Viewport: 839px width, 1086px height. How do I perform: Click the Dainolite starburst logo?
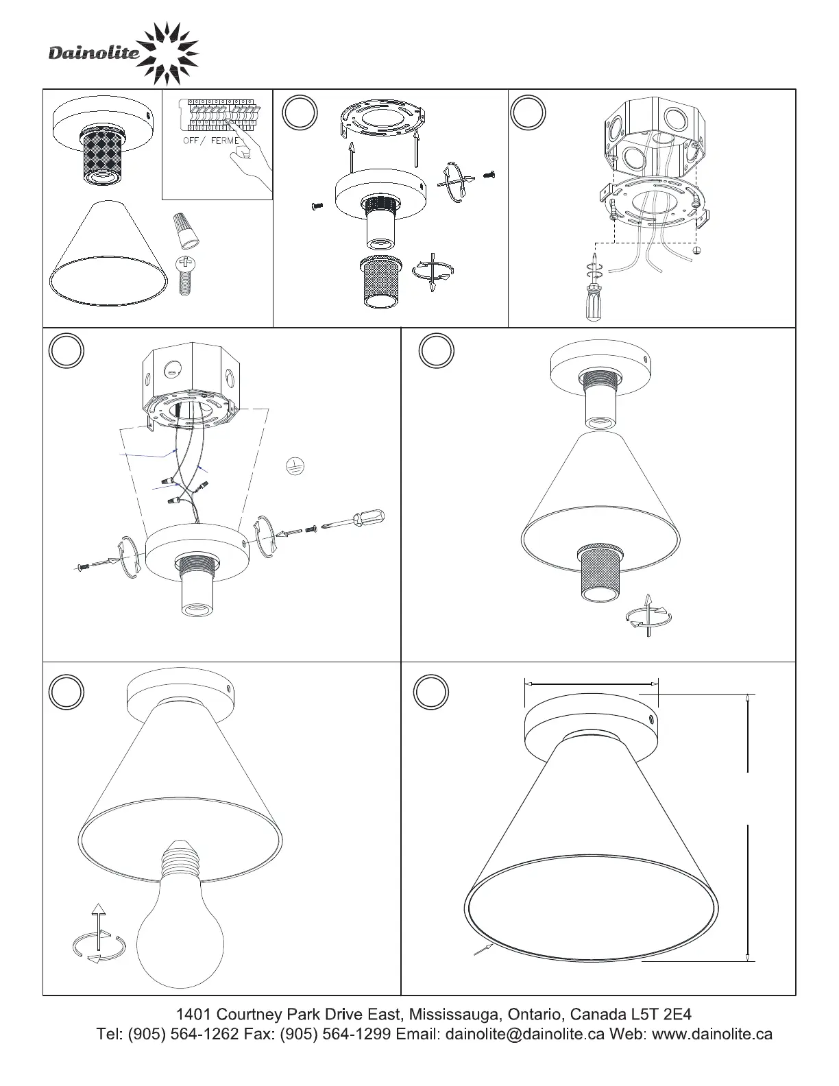click(168, 51)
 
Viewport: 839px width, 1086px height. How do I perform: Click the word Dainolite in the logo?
click(93, 53)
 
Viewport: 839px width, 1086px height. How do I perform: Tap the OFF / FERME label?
click(210, 141)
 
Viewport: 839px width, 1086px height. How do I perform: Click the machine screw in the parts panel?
click(185, 274)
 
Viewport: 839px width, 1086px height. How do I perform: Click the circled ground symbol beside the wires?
click(295, 466)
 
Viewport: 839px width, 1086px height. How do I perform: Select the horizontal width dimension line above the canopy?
click(591, 683)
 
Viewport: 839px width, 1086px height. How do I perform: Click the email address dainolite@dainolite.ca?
click(525, 1034)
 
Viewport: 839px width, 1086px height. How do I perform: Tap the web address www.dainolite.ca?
click(712, 1034)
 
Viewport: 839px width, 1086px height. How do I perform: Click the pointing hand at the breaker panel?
click(247, 165)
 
